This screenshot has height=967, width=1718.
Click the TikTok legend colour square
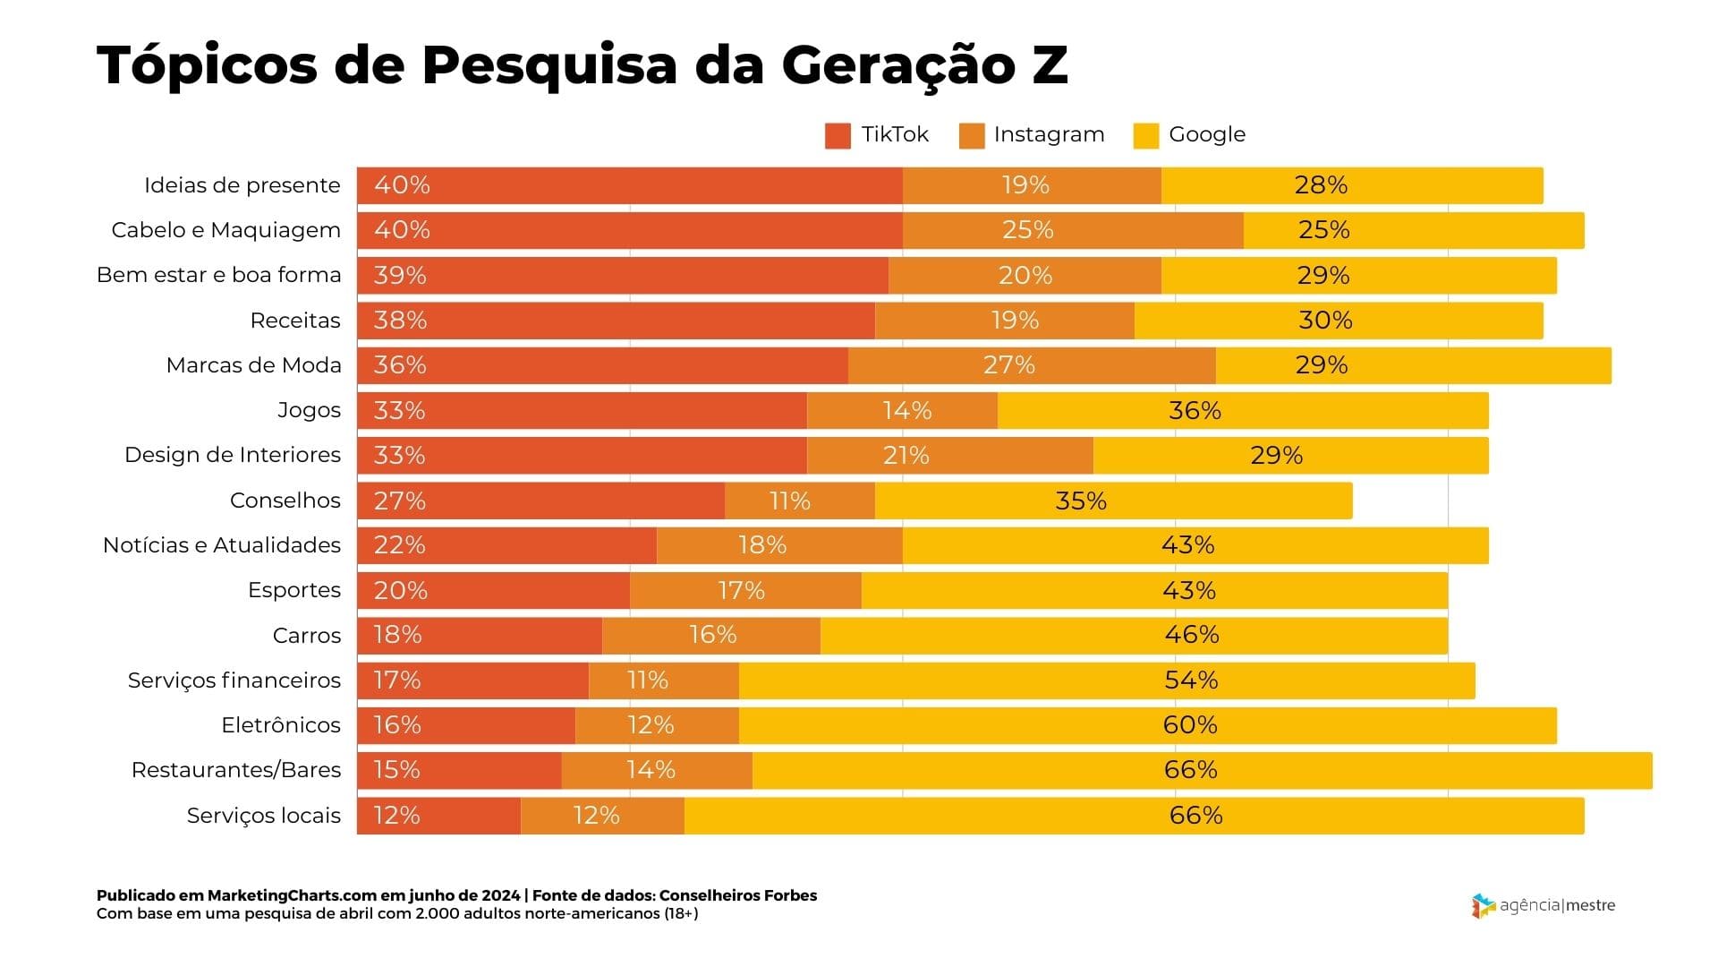pos(838,136)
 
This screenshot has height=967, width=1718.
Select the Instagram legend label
pos(1049,134)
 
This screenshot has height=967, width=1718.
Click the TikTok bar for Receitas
pos(616,321)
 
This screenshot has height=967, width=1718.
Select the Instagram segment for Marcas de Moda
pos(1032,365)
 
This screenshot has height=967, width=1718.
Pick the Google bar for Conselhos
pos(1113,501)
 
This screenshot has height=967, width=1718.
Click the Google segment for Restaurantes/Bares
pos(1202,770)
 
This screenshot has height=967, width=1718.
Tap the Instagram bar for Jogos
pos(902,411)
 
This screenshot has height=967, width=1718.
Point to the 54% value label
pos(1191,680)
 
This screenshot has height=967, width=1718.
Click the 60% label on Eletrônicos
pos(1190,725)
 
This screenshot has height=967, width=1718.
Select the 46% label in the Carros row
pos(1191,635)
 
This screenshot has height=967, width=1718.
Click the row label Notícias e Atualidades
pos(222,545)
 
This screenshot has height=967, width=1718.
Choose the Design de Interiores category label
pos(233,455)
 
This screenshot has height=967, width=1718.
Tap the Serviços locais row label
pos(263,816)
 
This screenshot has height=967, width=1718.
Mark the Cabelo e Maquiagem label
pos(225,230)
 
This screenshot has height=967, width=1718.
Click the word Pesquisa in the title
pos(549,65)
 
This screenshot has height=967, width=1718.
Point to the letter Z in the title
pos(1050,64)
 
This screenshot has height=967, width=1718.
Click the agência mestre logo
pos(1544,905)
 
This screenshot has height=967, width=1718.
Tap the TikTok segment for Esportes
pos(493,590)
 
